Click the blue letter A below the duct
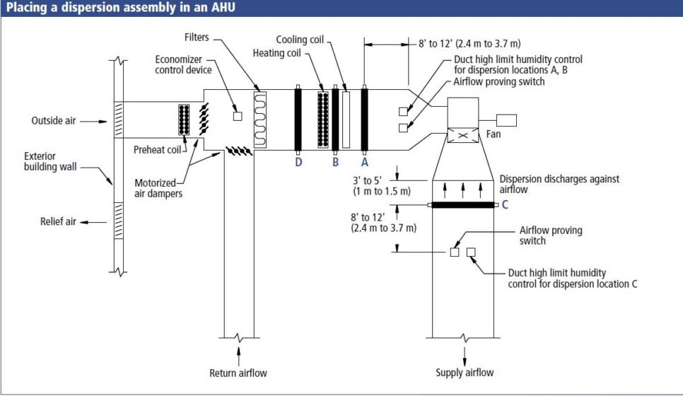[365, 161]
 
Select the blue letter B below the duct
[336, 161]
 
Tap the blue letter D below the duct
[298, 161]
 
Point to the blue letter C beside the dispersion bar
[505, 206]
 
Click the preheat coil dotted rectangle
[185, 120]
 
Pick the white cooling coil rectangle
[346, 119]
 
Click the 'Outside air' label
[53, 121]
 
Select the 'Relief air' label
[58, 221]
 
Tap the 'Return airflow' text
[238, 373]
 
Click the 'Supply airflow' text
[465, 373]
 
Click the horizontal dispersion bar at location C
[463, 205]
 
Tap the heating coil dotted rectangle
[324, 119]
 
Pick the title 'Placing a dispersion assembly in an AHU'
[122, 8]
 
